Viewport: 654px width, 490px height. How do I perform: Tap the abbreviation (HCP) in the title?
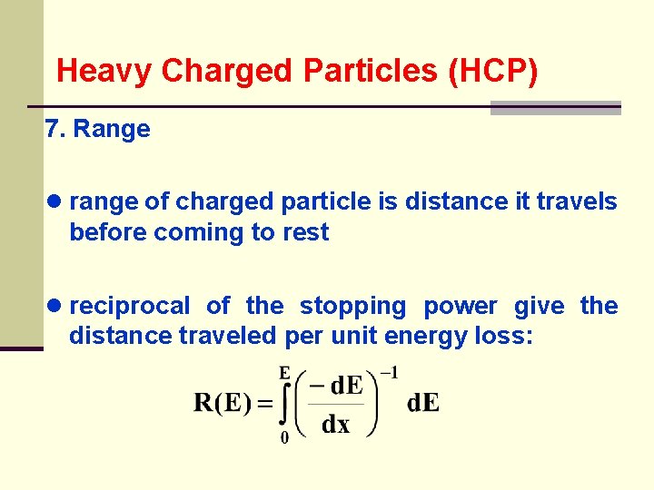pos(493,71)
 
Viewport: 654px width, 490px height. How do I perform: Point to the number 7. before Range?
pos(54,129)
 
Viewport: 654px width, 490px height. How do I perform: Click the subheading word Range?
pos(112,129)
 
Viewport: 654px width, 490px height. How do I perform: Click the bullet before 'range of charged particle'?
pos(56,201)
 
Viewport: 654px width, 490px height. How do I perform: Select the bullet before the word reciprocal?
pos(56,306)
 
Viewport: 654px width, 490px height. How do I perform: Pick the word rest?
pos(306,232)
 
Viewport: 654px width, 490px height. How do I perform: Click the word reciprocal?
pos(130,306)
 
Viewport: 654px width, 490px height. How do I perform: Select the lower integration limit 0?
pos(284,438)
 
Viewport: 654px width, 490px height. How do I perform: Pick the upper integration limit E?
pos(284,371)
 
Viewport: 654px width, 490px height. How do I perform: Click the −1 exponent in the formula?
pos(389,372)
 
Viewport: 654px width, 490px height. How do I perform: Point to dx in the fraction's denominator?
pos(336,424)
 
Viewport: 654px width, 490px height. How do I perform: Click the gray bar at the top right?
pos(555,108)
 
